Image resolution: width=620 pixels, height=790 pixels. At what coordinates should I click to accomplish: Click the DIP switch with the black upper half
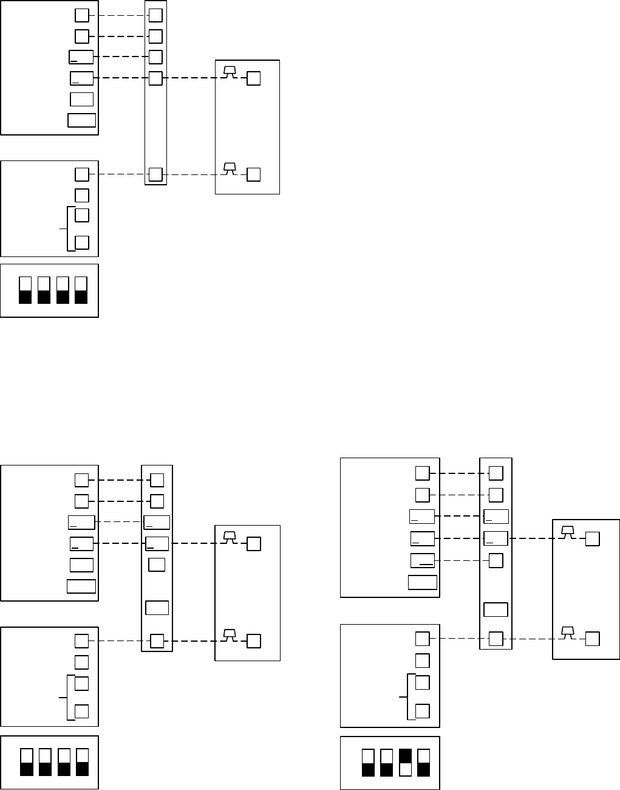pos(405,763)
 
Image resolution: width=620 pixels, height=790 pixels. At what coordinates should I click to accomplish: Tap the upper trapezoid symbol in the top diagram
pos(230,72)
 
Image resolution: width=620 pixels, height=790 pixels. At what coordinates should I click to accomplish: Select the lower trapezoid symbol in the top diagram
pos(230,168)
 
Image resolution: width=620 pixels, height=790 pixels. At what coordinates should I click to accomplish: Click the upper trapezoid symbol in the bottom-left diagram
pos(230,537)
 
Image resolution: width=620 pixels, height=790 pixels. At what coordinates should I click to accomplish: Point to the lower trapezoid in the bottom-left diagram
pos(230,634)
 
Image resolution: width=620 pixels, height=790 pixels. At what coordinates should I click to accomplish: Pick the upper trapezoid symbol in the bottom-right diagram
pos(567,532)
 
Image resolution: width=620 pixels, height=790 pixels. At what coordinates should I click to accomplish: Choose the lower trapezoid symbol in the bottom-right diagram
pos(567,632)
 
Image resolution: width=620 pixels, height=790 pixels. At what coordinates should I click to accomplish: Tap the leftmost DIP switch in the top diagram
pos(25,290)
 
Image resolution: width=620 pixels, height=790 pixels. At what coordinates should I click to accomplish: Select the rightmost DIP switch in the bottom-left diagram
pos(82,762)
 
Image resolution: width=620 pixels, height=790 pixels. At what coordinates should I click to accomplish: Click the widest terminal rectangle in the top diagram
pos(81,120)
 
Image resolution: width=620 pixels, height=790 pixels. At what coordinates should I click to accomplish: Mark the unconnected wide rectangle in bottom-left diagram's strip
pos(157,607)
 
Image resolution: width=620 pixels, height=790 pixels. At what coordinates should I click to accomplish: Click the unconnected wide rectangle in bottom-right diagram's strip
pos(496,610)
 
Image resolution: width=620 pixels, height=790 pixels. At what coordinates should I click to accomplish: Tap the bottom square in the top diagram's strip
pos(155,174)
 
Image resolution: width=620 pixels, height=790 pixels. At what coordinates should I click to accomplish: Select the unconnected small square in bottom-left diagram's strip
pos(157,564)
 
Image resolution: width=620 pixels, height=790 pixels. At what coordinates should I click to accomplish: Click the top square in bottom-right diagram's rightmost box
pos(592,539)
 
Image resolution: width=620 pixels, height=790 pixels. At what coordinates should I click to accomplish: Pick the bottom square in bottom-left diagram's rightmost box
pos(254,641)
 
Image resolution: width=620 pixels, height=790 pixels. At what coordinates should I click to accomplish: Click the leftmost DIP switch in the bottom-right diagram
pos(368,763)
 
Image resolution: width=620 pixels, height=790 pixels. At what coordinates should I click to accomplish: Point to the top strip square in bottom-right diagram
pos(496,473)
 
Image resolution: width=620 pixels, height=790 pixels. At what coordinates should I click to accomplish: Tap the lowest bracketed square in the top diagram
pos(81,242)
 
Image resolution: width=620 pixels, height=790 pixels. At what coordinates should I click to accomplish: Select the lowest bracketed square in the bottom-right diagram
pos(422,711)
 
